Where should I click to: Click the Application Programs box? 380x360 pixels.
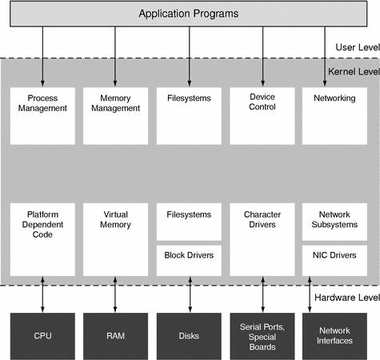[x=189, y=14]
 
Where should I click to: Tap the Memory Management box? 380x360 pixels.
[x=115, y=114]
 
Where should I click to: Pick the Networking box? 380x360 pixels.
[x=335, y=114]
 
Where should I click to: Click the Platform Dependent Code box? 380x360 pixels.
[x=42, y=238]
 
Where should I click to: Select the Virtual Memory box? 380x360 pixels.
[x=115, y=238]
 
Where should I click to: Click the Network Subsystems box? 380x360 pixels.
[x=335, y=220]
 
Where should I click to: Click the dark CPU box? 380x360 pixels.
[x=42, y=336]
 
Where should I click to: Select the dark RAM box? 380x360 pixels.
[x=115, y=336]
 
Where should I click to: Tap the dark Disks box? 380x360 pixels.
[x=189, y=336]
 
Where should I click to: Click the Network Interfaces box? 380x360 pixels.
[x=335, y=336]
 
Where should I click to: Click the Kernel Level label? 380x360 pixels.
[x=353, y=71]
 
